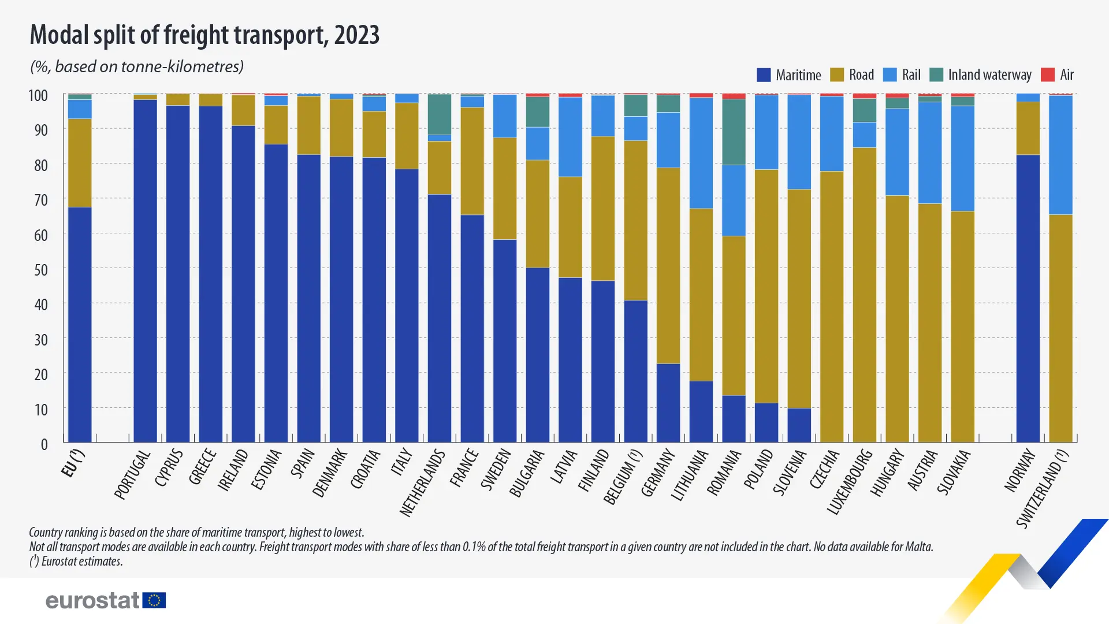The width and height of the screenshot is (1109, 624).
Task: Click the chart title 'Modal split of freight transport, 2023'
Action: click(204, 35)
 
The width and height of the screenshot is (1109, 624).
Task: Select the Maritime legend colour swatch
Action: click(764, 75)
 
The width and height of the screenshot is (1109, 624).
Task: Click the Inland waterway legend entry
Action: click(989, 75)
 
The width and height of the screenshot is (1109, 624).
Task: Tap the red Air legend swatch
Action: click(1047, 75)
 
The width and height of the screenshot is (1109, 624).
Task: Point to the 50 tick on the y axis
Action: click(40, 270)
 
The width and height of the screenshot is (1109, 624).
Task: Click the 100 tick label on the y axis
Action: click(38, 96)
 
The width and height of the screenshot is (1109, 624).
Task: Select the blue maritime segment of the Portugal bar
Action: click(145, 272)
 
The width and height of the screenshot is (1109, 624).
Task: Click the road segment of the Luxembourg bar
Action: click(864, 295)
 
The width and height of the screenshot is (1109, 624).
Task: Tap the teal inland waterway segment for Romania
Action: click(734, 132)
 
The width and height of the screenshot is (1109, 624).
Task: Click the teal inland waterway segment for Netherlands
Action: click(440, 114)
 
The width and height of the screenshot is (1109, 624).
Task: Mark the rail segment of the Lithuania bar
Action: click(701, 153)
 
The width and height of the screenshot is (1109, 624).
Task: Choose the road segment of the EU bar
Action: click(80, 163)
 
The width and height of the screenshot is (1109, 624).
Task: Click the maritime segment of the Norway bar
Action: click(1028, 298)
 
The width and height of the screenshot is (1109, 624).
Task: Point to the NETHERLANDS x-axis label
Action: click(423, 483)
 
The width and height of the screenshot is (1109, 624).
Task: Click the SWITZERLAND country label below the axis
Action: click(1043, 489)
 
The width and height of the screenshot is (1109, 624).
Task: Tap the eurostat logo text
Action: click(92, 600)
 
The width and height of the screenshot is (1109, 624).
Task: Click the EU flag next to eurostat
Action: click(154, 600)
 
